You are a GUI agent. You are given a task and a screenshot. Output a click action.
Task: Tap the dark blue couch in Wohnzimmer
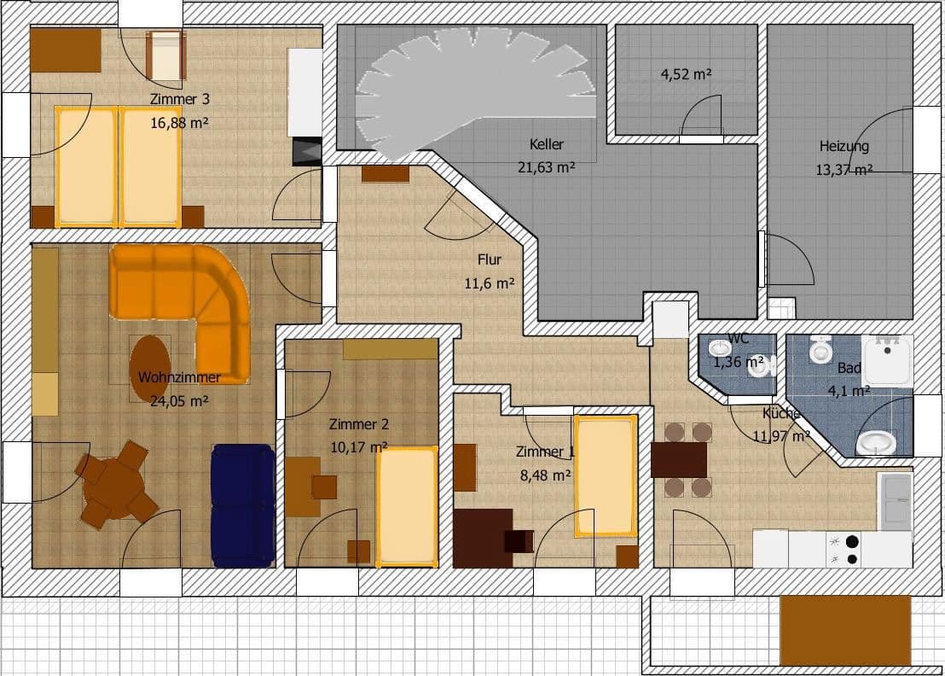tap(243, 505)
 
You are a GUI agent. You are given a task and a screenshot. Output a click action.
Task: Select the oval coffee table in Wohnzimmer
tap(149, 368)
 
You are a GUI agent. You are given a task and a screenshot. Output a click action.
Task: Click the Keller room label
tap(546, 144)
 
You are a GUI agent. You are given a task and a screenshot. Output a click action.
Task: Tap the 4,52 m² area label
tap(686, 74)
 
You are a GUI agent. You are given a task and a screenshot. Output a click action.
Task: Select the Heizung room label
tap(844, 146)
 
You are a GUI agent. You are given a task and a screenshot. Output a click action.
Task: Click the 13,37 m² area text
tap(844, 170)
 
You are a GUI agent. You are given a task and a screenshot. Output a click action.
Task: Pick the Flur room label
tap(489, 259)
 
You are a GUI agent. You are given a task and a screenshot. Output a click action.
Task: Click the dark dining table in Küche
tap(679, 459)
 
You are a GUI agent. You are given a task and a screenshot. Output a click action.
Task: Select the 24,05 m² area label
tap(179, 400)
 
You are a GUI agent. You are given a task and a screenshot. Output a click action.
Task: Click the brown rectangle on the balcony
tap(845, 630)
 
